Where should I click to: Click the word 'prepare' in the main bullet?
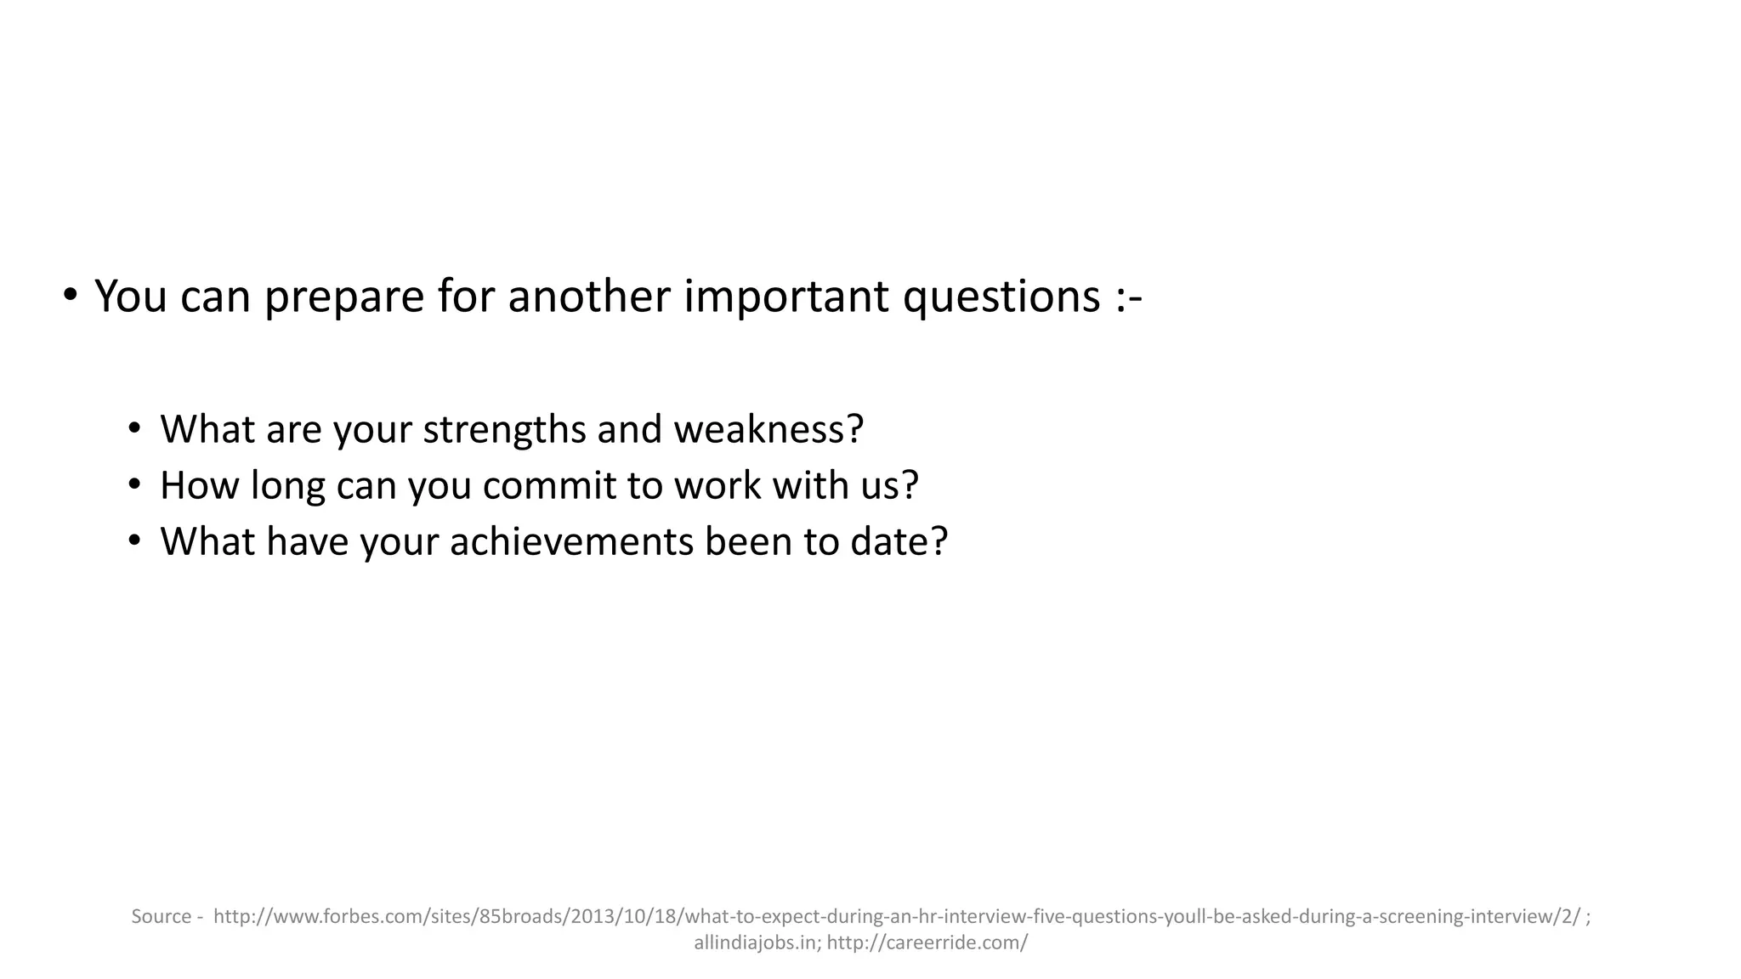click(x=343, y=297)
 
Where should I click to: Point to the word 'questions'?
click(x=1001, y=297)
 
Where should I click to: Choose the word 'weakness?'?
click(x=768, y=428)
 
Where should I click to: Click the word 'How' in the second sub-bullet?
click(x=200, y=485)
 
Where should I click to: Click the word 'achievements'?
click(x=571, y=541)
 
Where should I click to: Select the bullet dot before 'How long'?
click(x=134, y=484)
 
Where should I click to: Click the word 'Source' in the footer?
click(x=162, y=916)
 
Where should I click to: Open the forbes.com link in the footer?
click(x=897, y=916)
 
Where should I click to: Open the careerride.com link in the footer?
click(x=927, y=942)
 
